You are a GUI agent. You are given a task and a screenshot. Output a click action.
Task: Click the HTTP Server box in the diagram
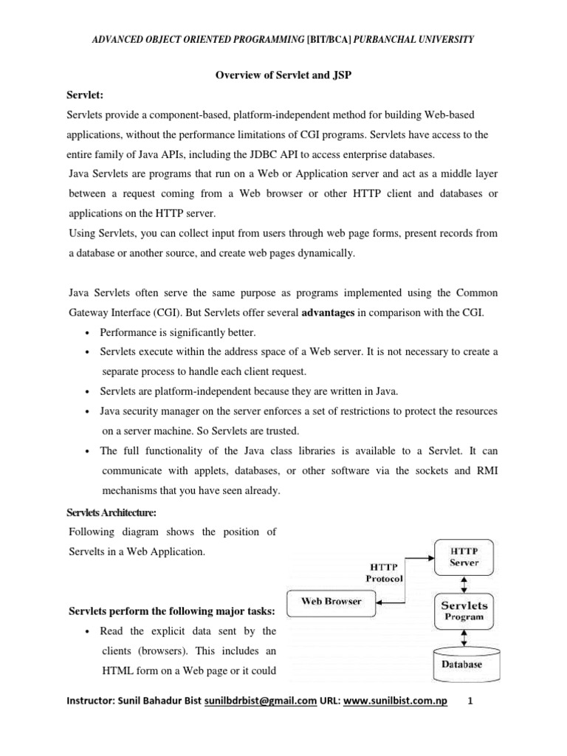[x=463, y=557]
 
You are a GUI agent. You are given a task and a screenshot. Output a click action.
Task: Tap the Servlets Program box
[x=463, y=611]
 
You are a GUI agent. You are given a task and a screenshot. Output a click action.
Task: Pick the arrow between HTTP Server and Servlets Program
[x=463, y=583]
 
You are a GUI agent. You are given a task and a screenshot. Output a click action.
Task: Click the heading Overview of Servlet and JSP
[x=283, y=75]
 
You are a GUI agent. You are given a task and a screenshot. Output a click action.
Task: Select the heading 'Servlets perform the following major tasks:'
[x=172, y=611]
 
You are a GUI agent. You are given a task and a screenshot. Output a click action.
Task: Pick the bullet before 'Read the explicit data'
[x=87, y=632]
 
